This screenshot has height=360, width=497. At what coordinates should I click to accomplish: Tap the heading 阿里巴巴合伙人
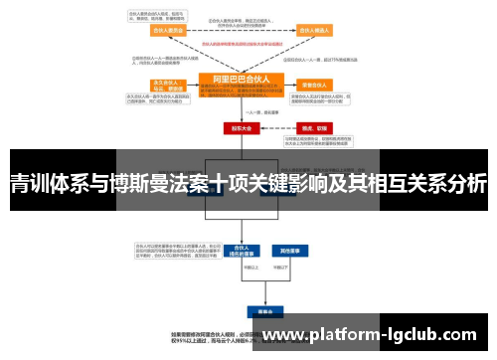(242, 78)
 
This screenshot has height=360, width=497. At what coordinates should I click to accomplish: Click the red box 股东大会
(242, 127)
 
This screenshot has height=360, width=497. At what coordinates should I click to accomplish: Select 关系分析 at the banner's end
(448, 183)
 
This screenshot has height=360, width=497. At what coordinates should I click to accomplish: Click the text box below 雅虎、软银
(318, 142)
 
